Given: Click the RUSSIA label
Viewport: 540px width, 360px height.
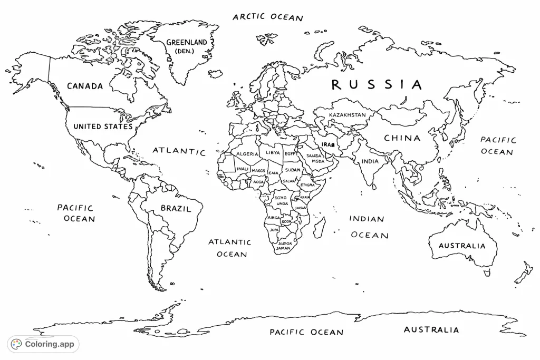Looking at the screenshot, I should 377,84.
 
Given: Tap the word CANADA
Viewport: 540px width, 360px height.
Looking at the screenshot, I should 85,86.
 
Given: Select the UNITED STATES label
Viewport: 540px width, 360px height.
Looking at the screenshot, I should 103,127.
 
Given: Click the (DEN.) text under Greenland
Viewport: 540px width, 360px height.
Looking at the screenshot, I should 184,51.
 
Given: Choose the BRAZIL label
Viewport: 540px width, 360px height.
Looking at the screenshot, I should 176,208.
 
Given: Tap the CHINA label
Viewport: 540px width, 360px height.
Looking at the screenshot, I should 402,138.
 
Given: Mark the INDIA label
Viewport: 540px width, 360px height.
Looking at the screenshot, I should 370,161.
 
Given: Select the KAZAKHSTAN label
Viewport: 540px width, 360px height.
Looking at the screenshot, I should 347,114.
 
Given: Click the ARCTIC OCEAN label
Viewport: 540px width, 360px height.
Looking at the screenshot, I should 268,17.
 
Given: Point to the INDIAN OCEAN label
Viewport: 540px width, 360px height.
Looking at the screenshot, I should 368,227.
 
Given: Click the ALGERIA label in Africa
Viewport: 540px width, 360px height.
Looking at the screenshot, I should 247,154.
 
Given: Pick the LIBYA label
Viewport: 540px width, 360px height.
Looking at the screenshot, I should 273,152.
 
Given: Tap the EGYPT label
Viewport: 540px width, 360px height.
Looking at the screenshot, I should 291,153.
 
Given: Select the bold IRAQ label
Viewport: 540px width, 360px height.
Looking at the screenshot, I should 328,144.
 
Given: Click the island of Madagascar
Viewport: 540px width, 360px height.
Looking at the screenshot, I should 318,227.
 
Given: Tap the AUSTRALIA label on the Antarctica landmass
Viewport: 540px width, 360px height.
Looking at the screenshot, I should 431,330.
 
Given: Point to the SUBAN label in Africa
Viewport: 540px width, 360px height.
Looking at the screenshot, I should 293,170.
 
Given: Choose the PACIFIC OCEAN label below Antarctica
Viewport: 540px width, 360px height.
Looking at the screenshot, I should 306,332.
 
